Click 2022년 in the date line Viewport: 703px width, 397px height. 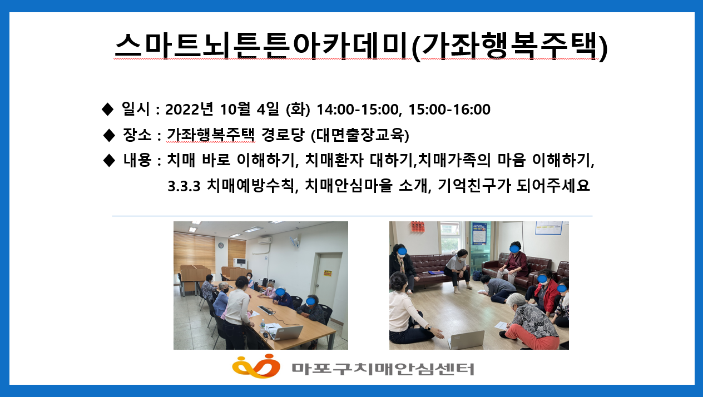click(190, 110)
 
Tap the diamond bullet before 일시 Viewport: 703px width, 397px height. click(108, 110)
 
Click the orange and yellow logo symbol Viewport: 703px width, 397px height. click(255, 366)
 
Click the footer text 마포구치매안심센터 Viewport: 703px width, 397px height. click(383, 368)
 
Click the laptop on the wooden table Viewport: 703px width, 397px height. click(285, 333)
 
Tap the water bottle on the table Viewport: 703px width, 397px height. click(262, 325)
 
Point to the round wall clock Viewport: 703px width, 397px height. click(221, 245)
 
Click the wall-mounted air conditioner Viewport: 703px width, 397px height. click(264, 240)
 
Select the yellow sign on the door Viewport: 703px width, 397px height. click(328, 273)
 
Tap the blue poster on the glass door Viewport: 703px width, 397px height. click(478, 235)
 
